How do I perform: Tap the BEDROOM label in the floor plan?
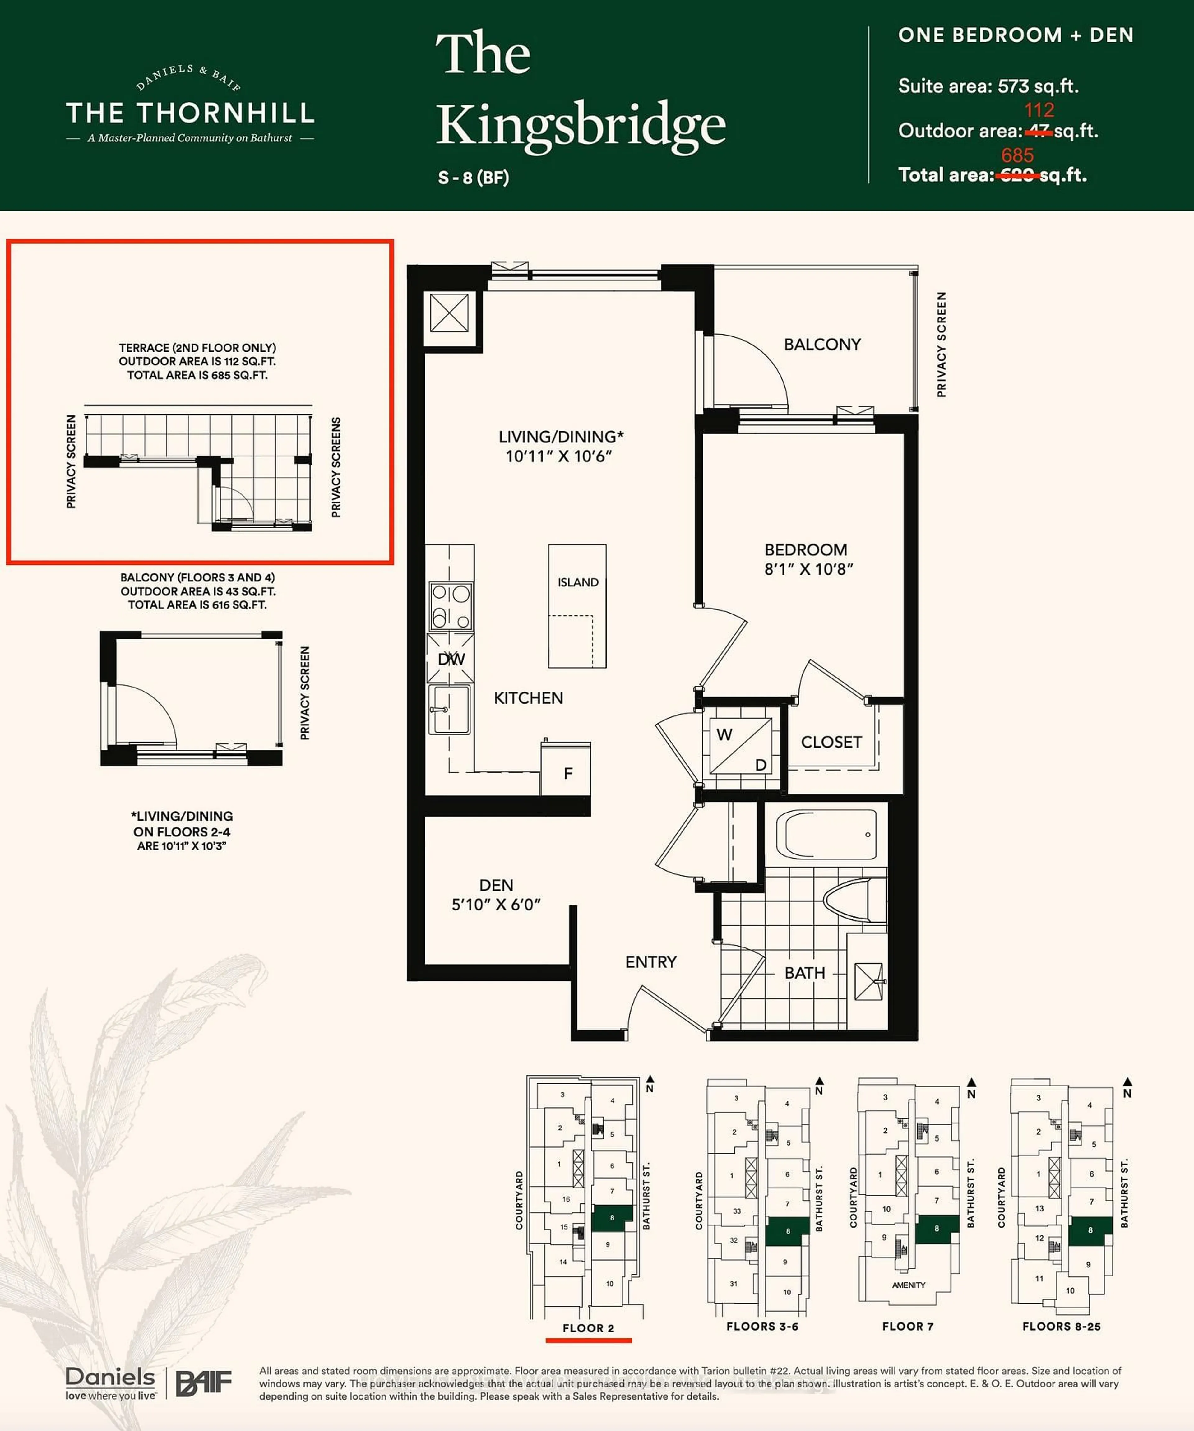[806, 550]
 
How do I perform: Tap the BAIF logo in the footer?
[204, 1383]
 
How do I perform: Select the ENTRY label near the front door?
[651, 962]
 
